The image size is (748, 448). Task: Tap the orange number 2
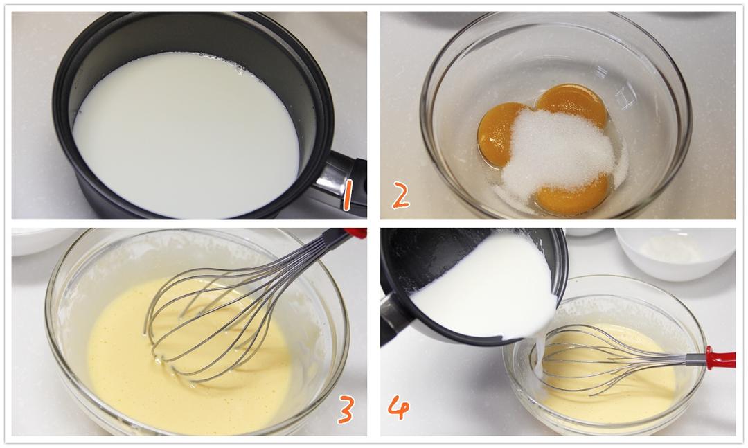click(401, 197)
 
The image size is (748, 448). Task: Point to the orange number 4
click(398, 407)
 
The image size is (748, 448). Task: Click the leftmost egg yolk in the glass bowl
click(496, 134)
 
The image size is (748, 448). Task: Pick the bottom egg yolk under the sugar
click(573, 197)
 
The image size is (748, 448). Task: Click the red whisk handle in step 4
click(720, 358)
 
